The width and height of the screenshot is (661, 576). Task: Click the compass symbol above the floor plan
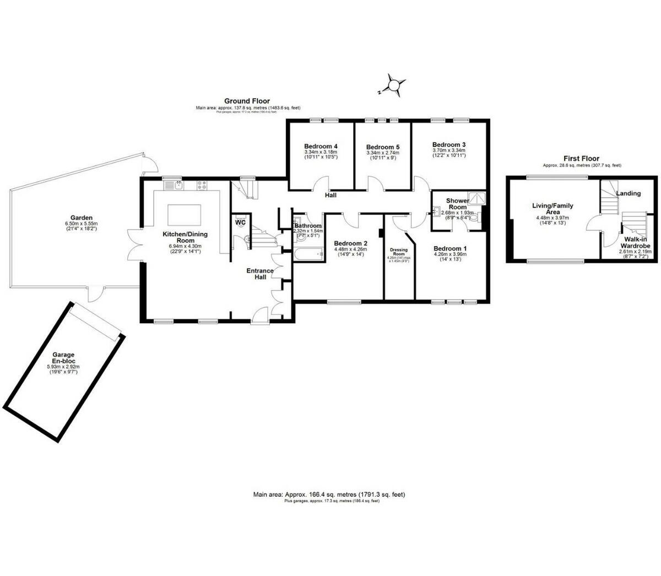(394, 85)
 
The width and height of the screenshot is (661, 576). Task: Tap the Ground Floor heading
(247, 101)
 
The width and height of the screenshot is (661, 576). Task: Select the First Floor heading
(581, 158)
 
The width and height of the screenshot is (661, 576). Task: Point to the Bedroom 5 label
(383, 147)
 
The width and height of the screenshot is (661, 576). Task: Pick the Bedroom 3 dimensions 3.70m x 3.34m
(448, 150)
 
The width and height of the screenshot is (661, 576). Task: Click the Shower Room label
(457, 204)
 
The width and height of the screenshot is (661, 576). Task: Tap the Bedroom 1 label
(449, 248)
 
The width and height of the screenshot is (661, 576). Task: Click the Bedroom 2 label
(350, 244)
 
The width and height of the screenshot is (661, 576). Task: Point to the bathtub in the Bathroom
(307, 254)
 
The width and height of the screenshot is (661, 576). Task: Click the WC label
(240, 222)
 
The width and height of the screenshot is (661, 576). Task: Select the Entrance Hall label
(260, 274)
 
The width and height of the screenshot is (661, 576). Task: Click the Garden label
(81, 218)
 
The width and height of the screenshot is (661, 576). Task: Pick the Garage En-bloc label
(63, 358)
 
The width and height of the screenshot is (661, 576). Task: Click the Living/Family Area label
(552, 209)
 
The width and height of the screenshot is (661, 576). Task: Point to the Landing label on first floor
(628, 193)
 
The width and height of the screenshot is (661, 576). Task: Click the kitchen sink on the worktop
(178, 186)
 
